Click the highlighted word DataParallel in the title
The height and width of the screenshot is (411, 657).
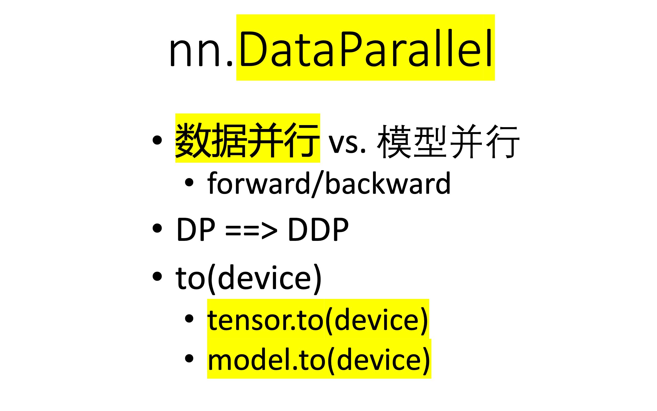(365, 48)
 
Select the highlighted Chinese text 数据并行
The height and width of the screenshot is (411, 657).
(247, 140)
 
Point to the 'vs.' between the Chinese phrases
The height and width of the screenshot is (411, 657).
(347, 143)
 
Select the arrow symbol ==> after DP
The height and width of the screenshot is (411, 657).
(251, 229)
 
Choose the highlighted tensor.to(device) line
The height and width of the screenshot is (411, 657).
(318, 320)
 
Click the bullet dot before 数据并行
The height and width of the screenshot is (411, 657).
(157, 140)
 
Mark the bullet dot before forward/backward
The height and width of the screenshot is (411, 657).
(189, 182)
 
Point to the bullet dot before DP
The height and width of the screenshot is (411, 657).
(157, 228)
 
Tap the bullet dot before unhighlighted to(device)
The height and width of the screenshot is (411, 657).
(157, 276)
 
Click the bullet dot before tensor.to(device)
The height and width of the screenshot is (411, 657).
(189, 318)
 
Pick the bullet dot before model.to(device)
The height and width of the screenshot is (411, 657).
(189, 358)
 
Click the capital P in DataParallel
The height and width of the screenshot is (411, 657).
(351, 49)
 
